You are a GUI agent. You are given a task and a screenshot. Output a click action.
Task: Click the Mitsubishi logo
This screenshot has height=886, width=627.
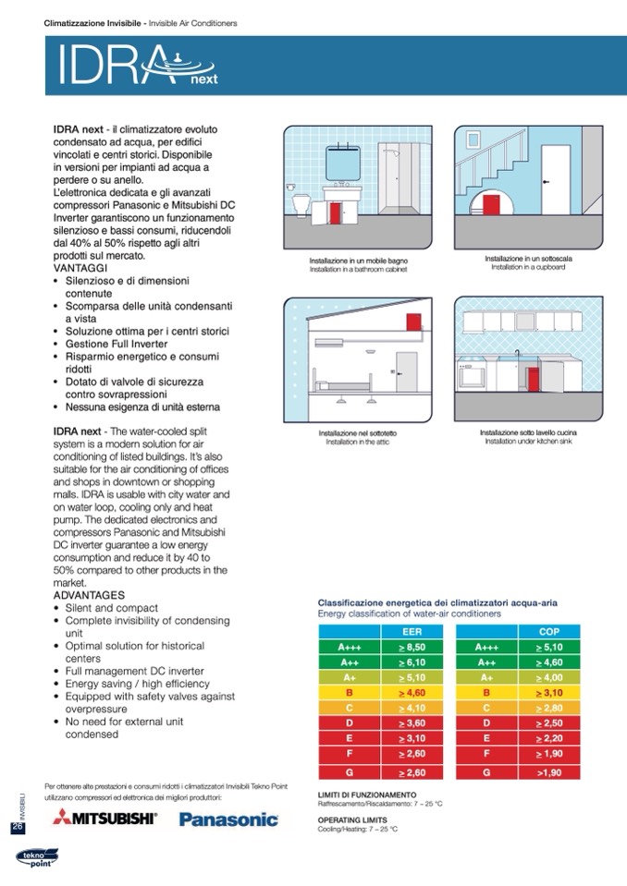tap(104, 818)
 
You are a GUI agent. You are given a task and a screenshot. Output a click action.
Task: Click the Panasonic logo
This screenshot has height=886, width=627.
tap(227, 819)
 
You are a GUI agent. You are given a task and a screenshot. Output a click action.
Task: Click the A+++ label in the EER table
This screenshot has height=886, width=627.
tap(350, 648)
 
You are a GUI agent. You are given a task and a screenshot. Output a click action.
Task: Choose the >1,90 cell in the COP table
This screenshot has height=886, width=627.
tap(549, 772)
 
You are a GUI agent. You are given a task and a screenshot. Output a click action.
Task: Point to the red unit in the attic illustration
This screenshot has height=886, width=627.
tap(413, 324)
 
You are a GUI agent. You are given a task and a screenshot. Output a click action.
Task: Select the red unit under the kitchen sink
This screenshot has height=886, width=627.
tap(533, 378)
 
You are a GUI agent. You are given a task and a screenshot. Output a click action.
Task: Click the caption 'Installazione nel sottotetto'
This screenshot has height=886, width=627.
tap(358, 432)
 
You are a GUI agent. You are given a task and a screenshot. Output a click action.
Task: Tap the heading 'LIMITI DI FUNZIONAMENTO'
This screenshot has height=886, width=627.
tap(367, 795)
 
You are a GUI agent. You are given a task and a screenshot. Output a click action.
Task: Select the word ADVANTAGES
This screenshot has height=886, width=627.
tap(88, 596)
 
